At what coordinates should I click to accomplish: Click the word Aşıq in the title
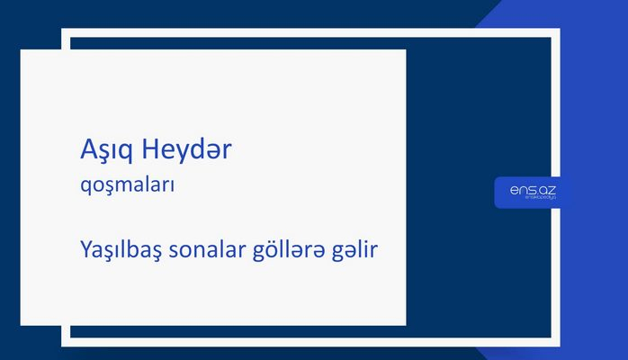pyautogui.click(x=103, y=151)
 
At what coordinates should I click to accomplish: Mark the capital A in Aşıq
pyautogui.click(x=87, y=149)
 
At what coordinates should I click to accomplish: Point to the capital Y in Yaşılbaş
pyautogui.click(x=85, y=247)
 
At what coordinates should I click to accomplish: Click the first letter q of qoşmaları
pyautogui.click(x=85, y=188)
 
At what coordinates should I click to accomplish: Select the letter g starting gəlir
pyautogui.click(x=339, y=250)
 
